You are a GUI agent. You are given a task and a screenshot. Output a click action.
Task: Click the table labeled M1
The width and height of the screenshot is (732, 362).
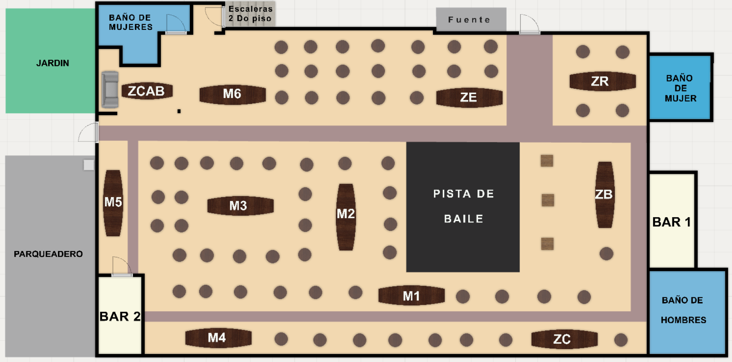(411, 296)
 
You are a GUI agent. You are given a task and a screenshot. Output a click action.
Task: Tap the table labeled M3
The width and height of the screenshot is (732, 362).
(240, 206)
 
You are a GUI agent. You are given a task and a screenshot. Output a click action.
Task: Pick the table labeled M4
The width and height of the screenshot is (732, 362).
(218, 338)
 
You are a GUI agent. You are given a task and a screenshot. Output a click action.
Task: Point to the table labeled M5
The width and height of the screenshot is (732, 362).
(113, 203)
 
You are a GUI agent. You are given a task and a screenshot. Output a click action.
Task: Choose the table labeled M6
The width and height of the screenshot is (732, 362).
(233, 94)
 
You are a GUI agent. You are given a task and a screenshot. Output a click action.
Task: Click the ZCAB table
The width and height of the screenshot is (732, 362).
(147, 91)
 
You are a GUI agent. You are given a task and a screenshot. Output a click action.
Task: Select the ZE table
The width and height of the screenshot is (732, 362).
(469, 98)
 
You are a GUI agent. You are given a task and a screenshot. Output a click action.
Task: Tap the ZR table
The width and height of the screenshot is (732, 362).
(602, 81)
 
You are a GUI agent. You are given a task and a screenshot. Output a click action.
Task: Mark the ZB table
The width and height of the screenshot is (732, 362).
(604, 195)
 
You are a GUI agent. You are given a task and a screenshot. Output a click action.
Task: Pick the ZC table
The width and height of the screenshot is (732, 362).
(564, 339)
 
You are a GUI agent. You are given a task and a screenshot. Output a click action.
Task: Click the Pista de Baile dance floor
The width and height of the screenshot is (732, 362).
(463, 207)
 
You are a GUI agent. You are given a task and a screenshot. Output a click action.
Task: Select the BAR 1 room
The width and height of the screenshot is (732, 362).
(672, 221)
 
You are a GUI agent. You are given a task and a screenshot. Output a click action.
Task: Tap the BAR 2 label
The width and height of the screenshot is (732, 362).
(120, 316)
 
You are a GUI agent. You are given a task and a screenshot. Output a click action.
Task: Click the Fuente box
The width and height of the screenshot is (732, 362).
(470, 20)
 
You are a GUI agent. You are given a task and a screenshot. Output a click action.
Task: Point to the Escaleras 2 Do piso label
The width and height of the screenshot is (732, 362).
(250, 14)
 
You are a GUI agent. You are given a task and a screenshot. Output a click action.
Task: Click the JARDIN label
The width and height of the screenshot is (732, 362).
(53, 63)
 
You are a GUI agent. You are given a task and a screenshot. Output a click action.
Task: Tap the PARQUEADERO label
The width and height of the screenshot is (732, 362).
(48, 254)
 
